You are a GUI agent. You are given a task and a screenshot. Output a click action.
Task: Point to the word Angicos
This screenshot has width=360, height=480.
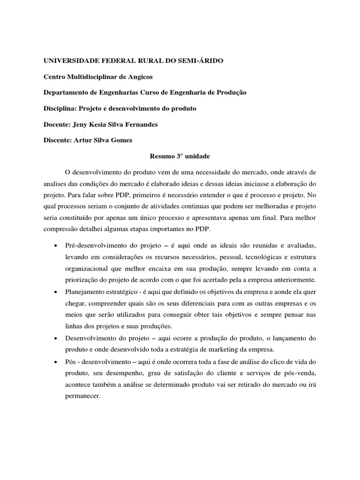tap(140, 77)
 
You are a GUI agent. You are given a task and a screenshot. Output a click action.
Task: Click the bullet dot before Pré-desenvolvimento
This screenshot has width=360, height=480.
tap(56, 246)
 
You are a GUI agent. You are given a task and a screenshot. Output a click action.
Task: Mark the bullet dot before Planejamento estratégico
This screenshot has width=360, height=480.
tap(56, 291)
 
